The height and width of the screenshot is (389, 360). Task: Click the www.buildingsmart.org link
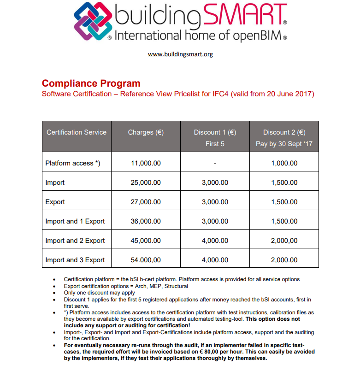180,54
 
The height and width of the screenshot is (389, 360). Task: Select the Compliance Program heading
91,83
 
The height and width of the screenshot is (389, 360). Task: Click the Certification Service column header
77,132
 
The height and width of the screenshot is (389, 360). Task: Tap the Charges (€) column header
146,132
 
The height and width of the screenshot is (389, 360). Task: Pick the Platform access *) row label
73,163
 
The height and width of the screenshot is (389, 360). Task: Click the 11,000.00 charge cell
146,163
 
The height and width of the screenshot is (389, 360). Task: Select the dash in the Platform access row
215,164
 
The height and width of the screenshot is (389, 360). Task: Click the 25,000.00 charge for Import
146,183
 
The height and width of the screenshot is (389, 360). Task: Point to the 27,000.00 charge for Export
146,202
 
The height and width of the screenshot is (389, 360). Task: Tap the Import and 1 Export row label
75,221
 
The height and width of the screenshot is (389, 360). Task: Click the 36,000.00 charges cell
146,221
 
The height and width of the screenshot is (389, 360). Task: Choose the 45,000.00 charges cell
146,241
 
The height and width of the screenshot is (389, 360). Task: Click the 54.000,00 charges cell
146,260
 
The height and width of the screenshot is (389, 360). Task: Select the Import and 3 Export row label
75,260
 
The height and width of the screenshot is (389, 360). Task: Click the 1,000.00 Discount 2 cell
284,163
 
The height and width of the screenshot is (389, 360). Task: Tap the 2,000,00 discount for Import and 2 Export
284,241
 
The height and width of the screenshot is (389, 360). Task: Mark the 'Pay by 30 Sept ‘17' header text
284,144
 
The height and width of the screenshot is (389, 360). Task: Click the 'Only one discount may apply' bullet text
99,292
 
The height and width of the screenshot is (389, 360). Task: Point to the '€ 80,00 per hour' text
217,352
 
